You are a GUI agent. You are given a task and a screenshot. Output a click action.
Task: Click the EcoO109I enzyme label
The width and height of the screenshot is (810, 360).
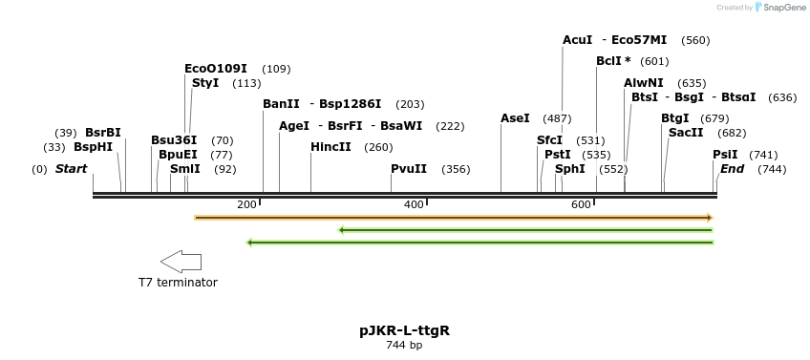click(216, 69)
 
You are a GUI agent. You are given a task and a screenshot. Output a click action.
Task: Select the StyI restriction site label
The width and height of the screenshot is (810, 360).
click(205, 83)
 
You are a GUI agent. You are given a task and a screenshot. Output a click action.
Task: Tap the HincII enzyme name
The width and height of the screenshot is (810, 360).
click(330, 147)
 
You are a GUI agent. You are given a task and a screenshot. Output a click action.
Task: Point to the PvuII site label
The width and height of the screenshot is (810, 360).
click(409, 169)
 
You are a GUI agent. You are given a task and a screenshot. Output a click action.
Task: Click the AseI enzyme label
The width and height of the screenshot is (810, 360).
click(515, 118)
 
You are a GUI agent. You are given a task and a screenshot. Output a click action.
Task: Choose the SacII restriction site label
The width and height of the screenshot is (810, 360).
click(686, 133)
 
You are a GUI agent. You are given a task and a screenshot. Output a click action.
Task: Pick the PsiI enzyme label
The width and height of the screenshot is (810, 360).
click(725, 155)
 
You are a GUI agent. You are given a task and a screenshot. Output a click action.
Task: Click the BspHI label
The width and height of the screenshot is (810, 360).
click(93, 147)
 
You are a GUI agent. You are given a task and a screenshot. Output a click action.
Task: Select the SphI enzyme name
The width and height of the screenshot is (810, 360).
click(569, 169)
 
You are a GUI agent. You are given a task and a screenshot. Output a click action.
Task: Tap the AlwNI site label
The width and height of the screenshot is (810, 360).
click(644, 83)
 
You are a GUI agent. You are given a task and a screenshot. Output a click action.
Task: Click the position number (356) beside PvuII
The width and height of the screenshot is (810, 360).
click(456, 169)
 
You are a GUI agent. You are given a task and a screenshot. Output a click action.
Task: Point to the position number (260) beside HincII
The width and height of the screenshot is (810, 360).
click(378, 147)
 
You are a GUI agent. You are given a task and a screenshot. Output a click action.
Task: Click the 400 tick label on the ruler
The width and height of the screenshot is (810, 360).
click(414, 205)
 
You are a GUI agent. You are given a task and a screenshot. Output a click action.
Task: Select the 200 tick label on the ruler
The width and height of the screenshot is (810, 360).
click(246, 205)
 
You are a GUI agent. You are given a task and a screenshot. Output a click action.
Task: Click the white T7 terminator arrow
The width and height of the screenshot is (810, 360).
click(181, 262)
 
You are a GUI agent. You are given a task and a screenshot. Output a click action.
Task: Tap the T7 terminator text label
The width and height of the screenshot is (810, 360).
click(178, 283)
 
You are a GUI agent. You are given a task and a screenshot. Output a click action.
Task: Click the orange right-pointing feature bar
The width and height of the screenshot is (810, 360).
click(454, 218)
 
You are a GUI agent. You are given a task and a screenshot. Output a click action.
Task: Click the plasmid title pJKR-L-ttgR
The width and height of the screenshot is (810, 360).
click(404, 331)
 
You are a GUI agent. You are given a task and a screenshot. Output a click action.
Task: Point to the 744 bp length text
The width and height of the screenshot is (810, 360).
click(404, 345)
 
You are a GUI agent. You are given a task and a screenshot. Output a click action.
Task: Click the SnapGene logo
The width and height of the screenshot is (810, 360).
click(780, 8)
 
